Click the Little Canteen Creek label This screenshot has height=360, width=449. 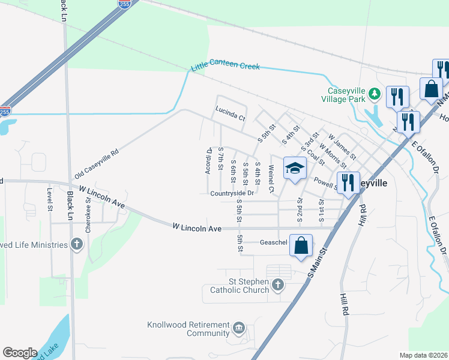(x=225, y=67)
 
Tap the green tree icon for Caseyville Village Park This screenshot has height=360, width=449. (x=375, y=93)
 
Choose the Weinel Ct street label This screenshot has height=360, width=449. (x=271, y=179)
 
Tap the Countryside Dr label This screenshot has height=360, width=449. (x=232, y=193)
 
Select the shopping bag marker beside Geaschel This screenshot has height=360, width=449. (x=301, y=245)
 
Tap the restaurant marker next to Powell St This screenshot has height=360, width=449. (x=348, y=182)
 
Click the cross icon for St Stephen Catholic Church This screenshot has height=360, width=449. (x=277, y=285)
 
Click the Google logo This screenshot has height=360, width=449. (x=20, y=353)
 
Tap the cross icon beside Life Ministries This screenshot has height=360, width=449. (x=76, y=244)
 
